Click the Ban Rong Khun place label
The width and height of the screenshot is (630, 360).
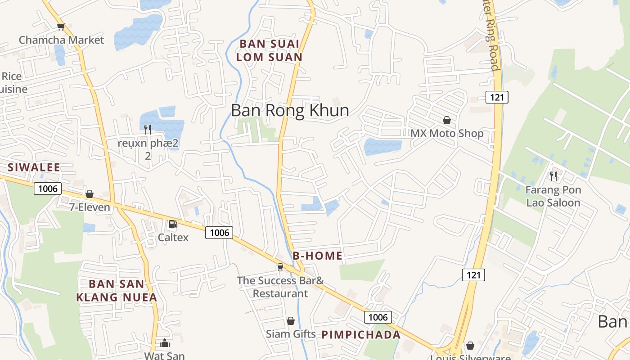coord(290,110)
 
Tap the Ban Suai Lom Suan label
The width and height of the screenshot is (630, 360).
coord(269,51)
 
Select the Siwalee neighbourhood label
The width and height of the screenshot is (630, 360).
coord(34,168)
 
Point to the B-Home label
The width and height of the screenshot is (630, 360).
coord(318,256)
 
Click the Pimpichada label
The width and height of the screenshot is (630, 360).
coord(361,335)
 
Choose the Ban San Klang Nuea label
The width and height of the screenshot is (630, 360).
coord(117,291)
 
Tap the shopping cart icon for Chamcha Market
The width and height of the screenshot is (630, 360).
coord(61,27)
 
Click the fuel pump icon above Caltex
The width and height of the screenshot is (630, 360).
coord(173,224)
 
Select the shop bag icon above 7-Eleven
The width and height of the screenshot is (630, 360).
coord(90,194)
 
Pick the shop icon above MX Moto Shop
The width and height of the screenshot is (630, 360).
coord(447,120)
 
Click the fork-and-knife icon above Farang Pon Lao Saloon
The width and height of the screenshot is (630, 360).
coord(553,176)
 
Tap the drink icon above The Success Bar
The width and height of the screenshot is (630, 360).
coord(280,267)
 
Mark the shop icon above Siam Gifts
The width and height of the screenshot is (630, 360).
coord(291,321)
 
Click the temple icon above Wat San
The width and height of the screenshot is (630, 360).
coord(165,343)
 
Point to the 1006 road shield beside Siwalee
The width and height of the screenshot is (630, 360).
coord(48,188)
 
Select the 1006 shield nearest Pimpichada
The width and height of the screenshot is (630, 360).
coord(378,317)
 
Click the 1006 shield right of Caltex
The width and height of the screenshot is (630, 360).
coord(219,232)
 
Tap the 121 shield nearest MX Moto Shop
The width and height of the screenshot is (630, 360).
coord(497,97)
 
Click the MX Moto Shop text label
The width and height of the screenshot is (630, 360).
coord(447,133)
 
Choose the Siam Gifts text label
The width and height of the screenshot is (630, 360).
coord(291,334)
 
